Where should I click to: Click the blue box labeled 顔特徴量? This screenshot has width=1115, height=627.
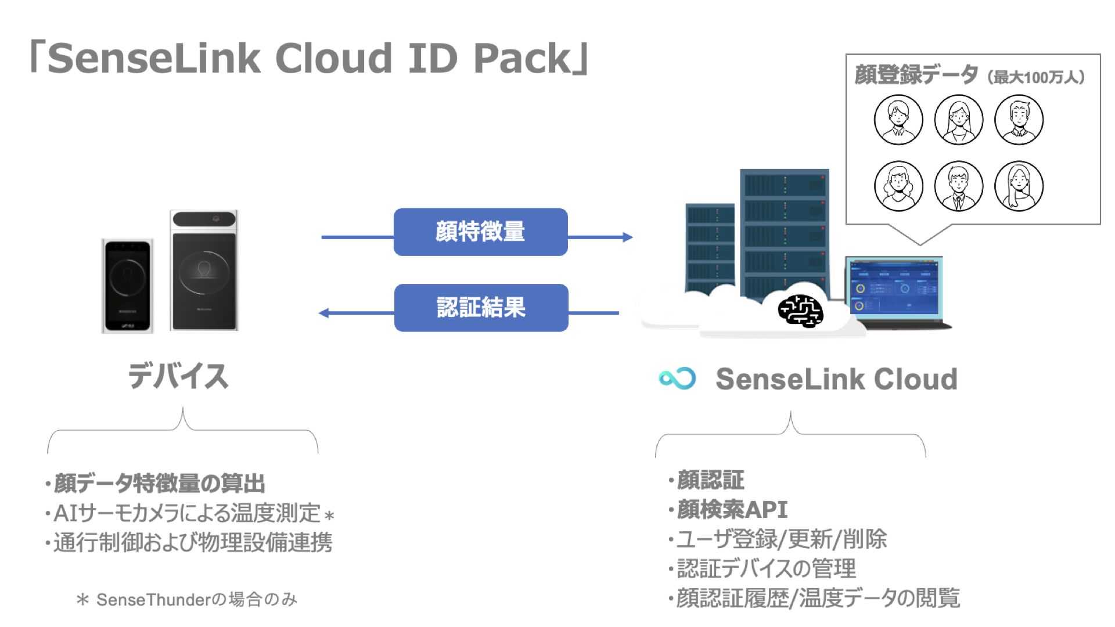tap(480, 232)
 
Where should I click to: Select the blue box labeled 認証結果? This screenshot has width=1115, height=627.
tap(481, 308)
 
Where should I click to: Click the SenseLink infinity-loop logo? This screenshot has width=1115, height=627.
tap(677, 379)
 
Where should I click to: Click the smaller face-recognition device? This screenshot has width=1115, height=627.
tap(128, 285)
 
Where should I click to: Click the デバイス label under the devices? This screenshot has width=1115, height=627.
tap(178, 376)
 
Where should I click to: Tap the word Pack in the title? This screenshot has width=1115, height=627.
tap(523, 59)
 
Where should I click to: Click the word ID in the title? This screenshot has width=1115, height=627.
tap(433, 59)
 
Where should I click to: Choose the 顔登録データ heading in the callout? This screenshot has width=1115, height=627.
tap(916, 75)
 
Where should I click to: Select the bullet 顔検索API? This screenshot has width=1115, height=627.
tap(732, 510)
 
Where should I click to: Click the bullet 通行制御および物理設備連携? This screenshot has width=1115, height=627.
tap(192, 543)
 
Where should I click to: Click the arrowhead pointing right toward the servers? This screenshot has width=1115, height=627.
tap(627, 237)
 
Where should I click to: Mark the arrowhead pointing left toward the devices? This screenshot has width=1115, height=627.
tap(324, 313)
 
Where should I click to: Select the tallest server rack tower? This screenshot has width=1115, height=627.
tap(784, 232)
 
